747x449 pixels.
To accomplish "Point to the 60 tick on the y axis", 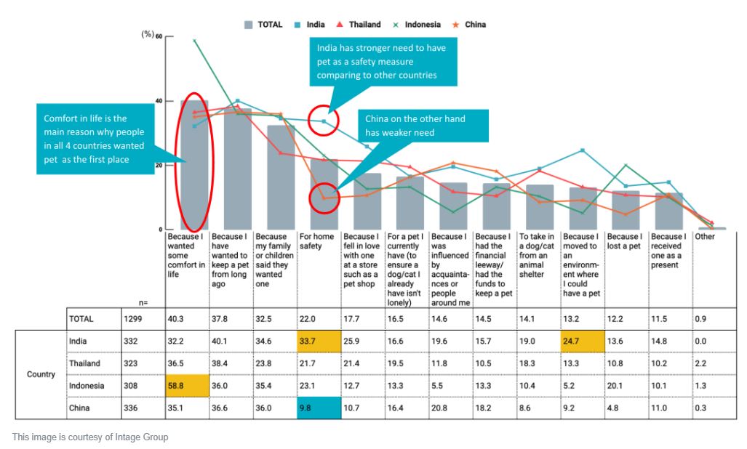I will point(159,36).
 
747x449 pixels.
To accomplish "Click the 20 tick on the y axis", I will point(159,165).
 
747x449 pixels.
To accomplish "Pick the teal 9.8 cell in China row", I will point(319,408).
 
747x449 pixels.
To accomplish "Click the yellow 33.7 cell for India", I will point(319,341).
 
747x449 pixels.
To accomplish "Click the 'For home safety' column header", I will point(317,241).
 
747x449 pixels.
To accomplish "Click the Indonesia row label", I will point(87,386).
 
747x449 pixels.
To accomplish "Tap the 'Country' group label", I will point(41,374).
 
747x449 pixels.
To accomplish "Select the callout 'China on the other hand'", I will point(415,126).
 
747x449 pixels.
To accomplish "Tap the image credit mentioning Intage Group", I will point(90,437).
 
